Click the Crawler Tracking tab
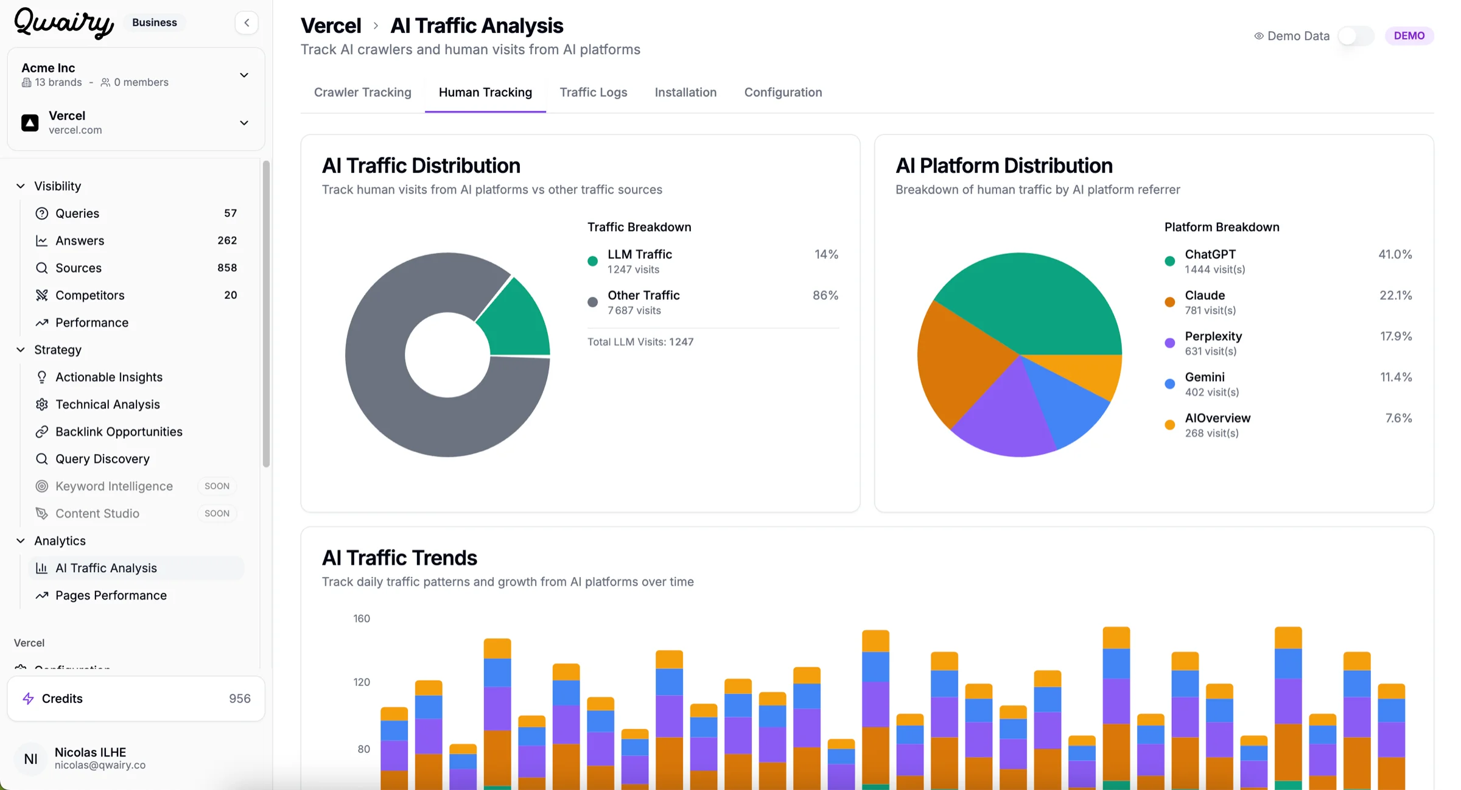[362, 92]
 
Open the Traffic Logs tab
[593, 92]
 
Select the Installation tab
[685, 92]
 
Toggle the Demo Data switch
[1356, 36]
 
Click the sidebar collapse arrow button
[247, 23]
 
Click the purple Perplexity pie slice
[1007, 417]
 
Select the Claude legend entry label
[1204, 295]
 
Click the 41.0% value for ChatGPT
[1395, 254]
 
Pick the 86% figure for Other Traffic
[825, 295]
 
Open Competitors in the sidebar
[89, 295]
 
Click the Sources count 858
[226, 268]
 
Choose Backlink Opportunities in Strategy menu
[119, 432]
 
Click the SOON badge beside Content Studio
[217, 513]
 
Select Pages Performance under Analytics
[111, 595]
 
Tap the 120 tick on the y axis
[362, 682]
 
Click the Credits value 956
[239, 698]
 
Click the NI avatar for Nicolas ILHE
[30, 758]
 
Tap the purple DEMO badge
[1409, 36]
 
